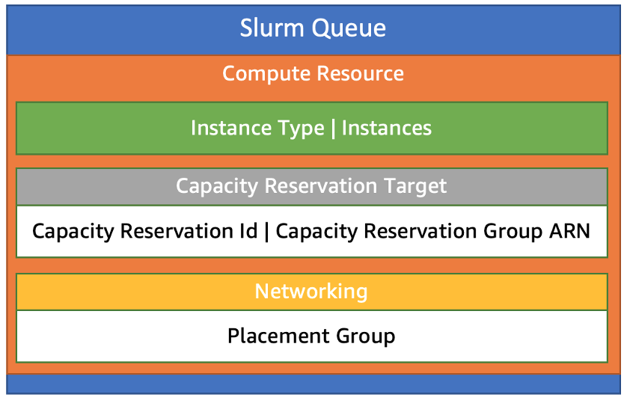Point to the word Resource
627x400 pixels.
tap(360, 74)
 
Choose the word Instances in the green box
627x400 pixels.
tap(386, 129)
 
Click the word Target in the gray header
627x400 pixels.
tap(413, 185)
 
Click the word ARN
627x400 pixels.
tap(569, 231)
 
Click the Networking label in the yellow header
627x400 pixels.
tap(311, 291)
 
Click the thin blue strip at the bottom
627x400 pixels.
tap(313, 384)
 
